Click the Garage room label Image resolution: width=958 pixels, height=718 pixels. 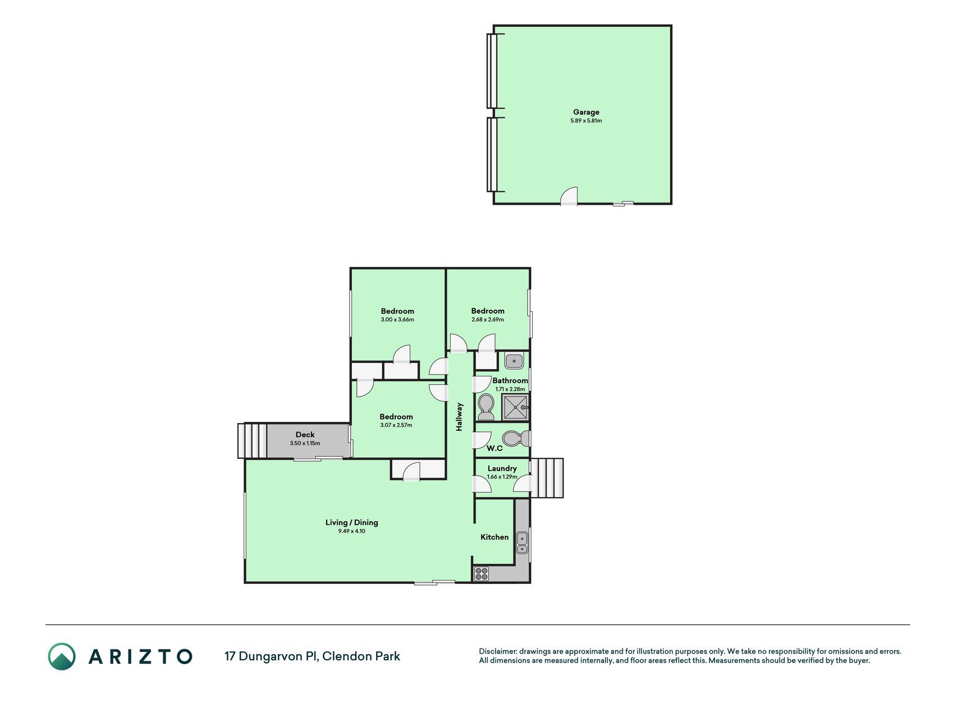586,112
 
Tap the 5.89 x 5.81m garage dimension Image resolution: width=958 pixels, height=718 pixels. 586,121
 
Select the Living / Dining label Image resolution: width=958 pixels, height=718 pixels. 352,522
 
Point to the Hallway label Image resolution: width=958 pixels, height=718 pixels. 459,417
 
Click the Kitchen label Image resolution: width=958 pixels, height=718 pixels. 494,537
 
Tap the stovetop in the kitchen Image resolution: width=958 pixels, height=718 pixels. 482,573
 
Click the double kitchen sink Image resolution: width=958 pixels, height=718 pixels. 522,543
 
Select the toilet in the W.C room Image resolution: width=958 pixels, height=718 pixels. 516,438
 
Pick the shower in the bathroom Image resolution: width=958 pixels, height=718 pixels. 515,407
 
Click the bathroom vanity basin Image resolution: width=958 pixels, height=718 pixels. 514,361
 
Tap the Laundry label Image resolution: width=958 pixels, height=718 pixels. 502,468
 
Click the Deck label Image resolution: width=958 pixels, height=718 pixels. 305,435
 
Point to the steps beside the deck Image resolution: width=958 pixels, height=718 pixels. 252,440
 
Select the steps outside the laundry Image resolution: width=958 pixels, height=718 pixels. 547,478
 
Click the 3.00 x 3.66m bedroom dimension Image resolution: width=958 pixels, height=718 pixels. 397,320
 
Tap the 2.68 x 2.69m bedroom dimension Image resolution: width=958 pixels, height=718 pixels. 488,320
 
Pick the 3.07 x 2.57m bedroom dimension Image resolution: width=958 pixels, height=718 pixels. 396,425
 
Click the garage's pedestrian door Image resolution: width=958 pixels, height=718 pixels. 569,196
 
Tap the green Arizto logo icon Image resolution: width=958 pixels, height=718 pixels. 62,656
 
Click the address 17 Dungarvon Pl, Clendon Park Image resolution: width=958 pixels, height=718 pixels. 312,656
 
